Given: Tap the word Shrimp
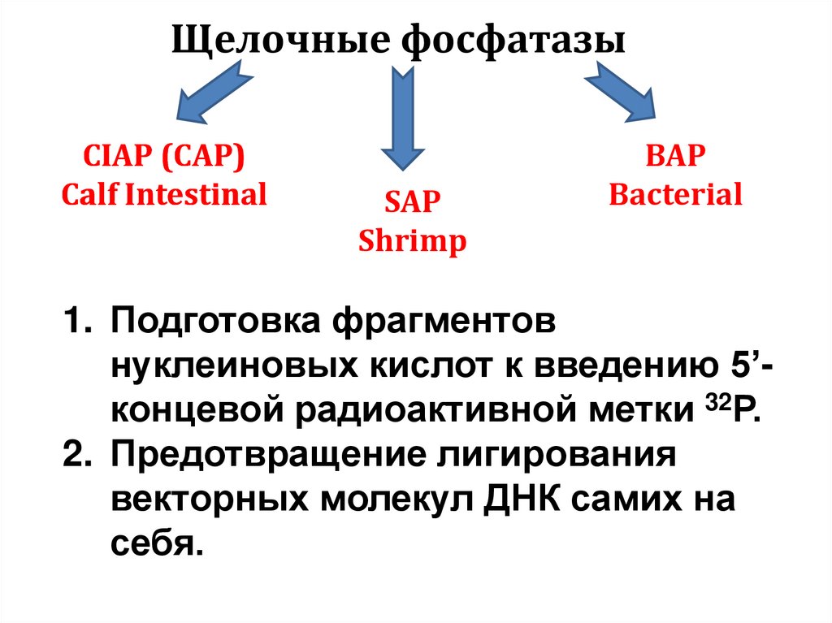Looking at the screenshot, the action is (x=413, y=241).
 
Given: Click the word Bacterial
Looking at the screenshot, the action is (x=675, y=195).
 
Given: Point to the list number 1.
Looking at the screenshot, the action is (x=76, y=322).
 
